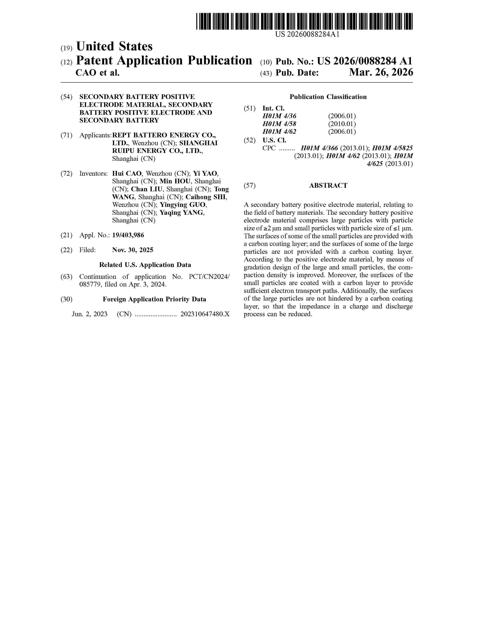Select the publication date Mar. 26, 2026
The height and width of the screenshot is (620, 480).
(x=381, y=73)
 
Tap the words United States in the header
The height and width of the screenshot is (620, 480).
(x=114, y=47)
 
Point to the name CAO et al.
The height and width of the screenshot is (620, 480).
(x=98, y=73)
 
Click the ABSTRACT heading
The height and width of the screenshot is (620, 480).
(x=328, y=185)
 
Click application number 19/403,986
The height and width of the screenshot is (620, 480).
(x=128, y=235)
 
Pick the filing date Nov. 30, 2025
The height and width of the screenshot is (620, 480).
(x=133, y=250)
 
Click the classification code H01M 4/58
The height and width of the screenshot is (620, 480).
(x=279, y=124)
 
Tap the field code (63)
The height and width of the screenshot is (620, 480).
(x=66, y=277)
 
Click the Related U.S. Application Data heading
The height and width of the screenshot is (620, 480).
(x=145, y=265)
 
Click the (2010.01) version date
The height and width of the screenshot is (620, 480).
(x=342, y=124)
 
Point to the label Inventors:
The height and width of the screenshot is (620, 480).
(x=93, y=173)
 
